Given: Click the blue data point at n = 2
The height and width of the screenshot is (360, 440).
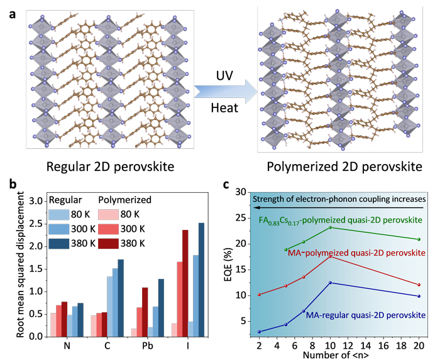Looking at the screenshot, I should click(x=258, y=332).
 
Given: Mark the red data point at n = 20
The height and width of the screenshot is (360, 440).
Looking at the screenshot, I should click(x=418, y=285).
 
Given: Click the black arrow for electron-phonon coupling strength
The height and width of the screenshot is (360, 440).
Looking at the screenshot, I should click(x=339, y=206).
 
